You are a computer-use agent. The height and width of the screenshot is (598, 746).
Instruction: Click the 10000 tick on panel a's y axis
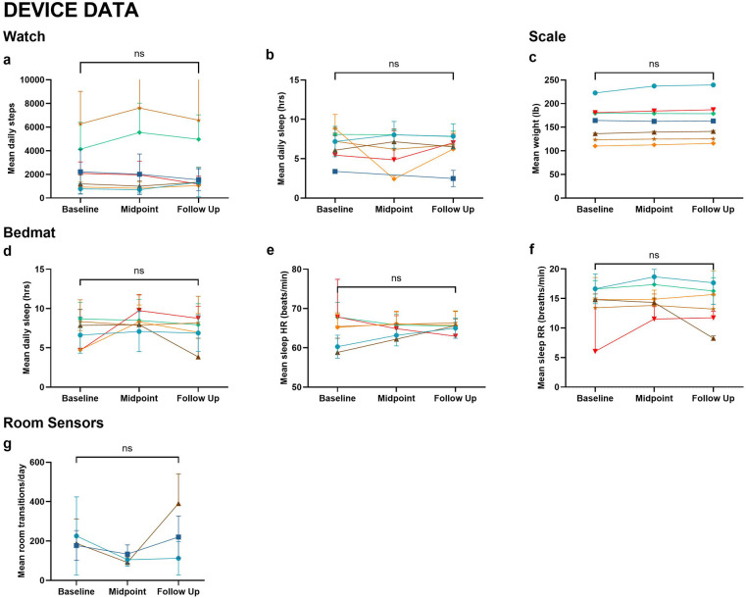49,79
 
